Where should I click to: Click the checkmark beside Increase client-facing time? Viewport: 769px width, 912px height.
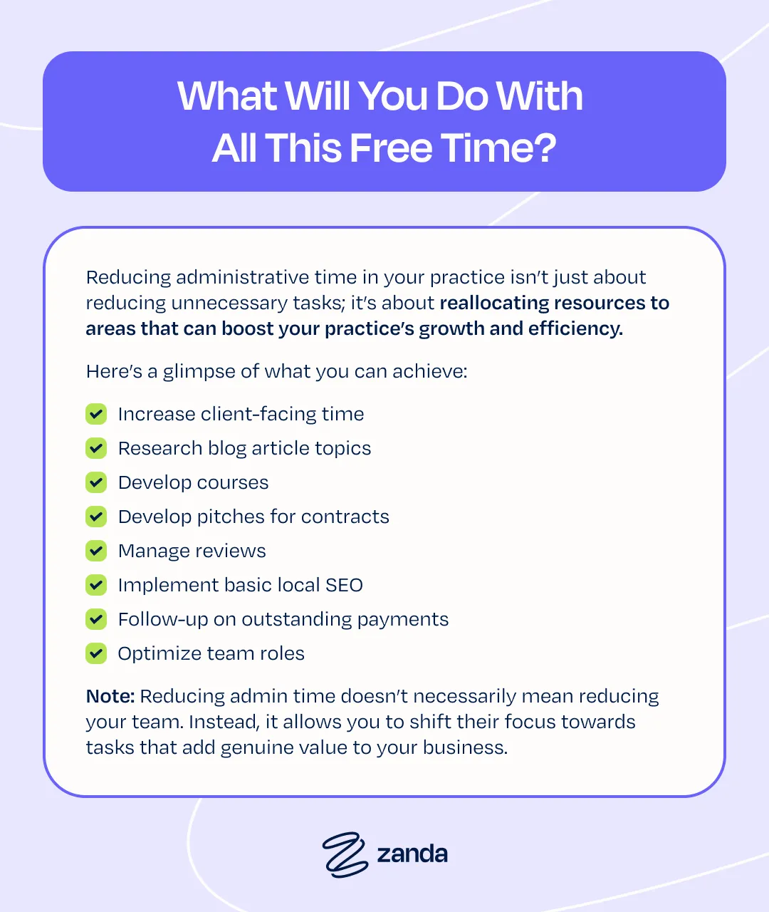coord(96,414)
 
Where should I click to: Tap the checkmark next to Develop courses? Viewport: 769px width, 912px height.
coord(96,482)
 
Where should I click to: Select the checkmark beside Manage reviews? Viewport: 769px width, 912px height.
coord(96,550)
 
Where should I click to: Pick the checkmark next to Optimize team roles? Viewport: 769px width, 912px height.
coord(96,653)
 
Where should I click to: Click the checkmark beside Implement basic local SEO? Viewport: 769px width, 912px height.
coord(96,585)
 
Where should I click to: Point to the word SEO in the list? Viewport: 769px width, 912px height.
coord(344,585)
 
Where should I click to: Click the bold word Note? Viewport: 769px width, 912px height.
coord(110,696)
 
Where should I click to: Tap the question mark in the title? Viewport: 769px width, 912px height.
coord(544,147)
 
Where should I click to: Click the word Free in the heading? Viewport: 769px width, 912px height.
coord(391,147)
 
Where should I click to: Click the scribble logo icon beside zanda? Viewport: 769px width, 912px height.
coord(345,855)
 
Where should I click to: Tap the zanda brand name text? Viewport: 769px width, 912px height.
coord(412,854)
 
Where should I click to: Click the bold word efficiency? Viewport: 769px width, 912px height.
coord(575,328)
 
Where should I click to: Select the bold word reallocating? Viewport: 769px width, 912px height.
coord(494,303)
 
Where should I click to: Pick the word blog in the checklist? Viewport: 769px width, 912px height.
coord(227,449)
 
